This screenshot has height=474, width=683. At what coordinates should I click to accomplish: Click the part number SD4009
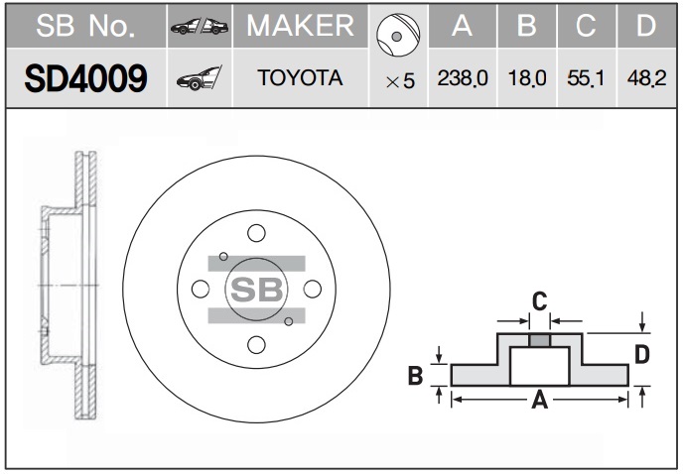[x=85, y=78]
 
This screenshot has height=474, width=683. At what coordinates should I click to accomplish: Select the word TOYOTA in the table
[x=300, y=78]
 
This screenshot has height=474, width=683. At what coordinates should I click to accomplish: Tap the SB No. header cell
[x=85, y=27]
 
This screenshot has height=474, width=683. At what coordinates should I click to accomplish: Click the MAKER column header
[x=300, y=27]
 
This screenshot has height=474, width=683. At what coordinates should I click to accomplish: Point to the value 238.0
[x=461, y=78]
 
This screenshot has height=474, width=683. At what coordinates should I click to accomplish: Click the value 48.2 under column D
[x=645, y=78]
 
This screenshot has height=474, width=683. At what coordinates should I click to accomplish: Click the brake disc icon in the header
[x=396, y=32]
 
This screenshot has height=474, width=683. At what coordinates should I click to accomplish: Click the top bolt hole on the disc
[x=256, y=233]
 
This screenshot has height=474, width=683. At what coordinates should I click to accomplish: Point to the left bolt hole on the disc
[x=201, y=289]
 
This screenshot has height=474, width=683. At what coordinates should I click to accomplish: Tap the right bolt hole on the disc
[x=312, y=289]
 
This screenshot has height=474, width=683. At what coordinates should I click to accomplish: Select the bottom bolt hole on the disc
[x=256, y=344]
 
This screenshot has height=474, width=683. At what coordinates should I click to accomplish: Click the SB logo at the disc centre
[x=256, y=289]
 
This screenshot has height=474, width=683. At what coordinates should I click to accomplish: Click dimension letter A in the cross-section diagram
[x=539, y=400]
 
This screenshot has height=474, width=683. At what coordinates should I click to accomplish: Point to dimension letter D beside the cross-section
[x=642, y=354]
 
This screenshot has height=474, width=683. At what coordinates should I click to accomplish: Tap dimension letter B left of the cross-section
[x=417, y=375]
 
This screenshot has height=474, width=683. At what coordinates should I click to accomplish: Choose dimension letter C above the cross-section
[x=539, y=300]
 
